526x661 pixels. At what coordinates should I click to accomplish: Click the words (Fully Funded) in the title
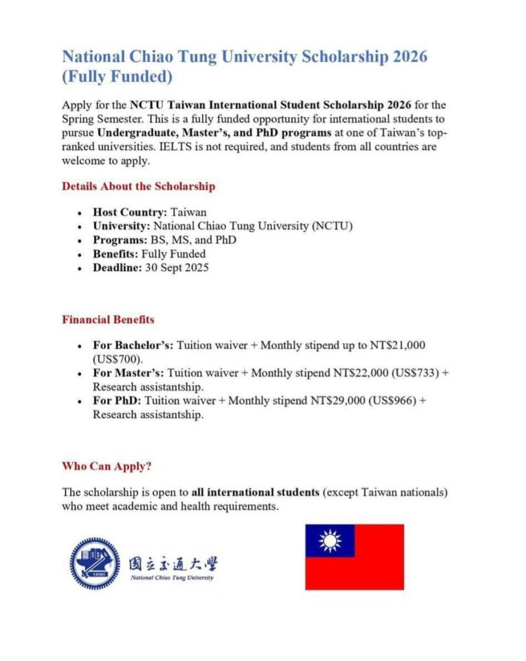[x=117, y=77]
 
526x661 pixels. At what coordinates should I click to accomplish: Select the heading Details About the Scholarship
[x=138, y=187]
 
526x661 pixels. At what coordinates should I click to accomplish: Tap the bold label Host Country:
[x=121, y=212]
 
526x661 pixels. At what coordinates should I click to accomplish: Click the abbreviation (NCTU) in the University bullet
[x=333, y=226]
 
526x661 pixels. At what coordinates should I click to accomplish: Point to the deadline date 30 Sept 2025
[x=176, y=268]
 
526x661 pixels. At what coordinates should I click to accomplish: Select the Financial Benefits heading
[x=108, y=320]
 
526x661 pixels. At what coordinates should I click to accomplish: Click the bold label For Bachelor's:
[x=133, y=345]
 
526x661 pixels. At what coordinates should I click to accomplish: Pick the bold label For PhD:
[x=117, y=401]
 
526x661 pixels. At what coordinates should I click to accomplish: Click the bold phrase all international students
[x=255, y=493]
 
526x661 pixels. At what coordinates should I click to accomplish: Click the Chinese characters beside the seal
[x=172, y=563]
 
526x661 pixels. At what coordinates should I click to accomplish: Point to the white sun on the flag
[x=330, y=541]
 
